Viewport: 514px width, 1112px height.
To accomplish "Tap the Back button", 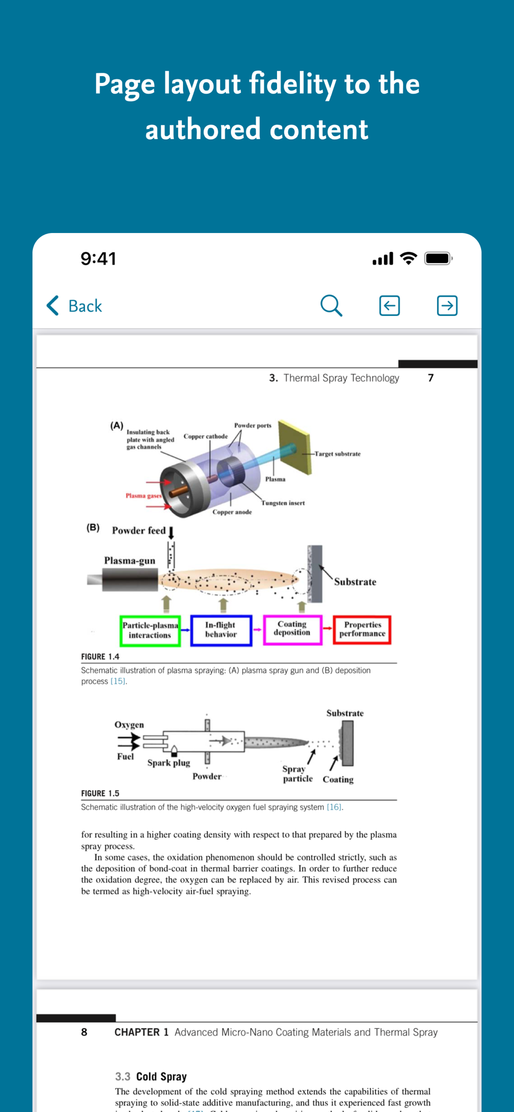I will (x=75, y=306).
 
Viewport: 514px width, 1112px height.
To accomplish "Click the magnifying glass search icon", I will (x=331, y=305).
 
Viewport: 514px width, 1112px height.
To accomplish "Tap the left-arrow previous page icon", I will (x=389, y=305).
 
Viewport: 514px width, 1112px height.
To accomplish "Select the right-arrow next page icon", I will (x=447, y=305).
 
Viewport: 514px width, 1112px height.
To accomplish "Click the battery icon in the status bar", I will (x=438, y=259).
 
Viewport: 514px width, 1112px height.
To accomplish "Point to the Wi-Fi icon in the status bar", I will (x=408, y=259).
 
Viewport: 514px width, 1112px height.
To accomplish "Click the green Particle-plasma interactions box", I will (x=150, y=631).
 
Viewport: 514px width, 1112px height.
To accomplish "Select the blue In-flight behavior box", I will (x=221, y=630).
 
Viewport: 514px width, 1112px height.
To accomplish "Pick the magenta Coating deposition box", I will (x=292, y=629).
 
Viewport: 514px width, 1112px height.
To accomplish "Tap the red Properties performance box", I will (x=362, y=629).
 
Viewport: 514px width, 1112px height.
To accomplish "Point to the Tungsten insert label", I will (x=283, y=503).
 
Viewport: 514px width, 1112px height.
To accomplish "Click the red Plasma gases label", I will (x=144, y=495).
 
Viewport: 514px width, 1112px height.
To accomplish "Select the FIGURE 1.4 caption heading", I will (x=100, y=657).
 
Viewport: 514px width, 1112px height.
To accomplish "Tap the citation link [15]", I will (x=118, y=682).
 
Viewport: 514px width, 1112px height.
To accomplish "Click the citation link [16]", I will (x=334, y=807).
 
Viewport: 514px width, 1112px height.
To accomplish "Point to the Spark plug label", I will (x=169, y=763).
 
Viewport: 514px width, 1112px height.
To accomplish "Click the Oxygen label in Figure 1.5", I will (x=129, y=725).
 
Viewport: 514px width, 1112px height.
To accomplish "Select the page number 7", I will (x=431, y=378).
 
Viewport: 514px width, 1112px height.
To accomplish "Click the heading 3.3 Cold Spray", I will (x=151, y=1076).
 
